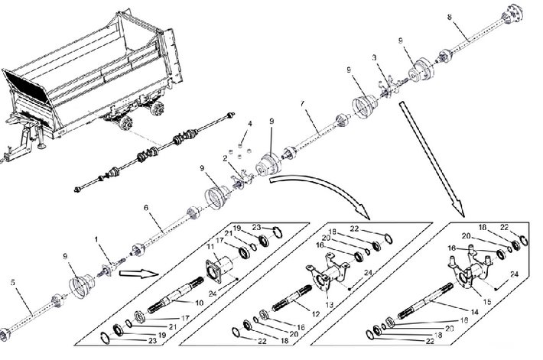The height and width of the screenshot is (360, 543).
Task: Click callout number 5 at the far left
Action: coord(13,282)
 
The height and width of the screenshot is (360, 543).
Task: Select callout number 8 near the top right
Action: coord(450,17)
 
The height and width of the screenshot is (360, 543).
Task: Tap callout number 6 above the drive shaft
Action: coord(146,207)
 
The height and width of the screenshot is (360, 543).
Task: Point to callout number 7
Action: coord(303,103)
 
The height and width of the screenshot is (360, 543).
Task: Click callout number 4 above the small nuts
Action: coord(249,124)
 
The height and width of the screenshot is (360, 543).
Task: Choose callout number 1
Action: coord(96,239)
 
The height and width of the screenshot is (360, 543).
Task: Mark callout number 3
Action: coord(374,57)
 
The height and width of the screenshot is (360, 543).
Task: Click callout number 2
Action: coord(225,158)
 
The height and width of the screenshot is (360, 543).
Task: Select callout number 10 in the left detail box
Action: coord(199,303)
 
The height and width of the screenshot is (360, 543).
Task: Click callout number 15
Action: coord(487,302)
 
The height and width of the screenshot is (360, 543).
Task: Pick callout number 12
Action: coord(316,314)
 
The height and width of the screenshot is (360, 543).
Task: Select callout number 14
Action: coord(474,313)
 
